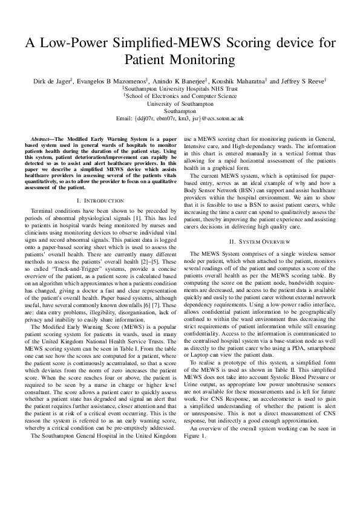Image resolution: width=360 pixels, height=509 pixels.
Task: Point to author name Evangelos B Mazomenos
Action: point(111,80)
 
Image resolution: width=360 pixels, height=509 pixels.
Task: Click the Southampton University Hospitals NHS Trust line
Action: point(181,88)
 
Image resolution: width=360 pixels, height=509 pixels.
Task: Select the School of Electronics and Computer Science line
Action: point(181,96)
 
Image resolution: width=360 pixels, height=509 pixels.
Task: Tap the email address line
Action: point(180,119)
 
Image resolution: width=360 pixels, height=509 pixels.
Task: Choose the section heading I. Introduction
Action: point(101,200)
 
